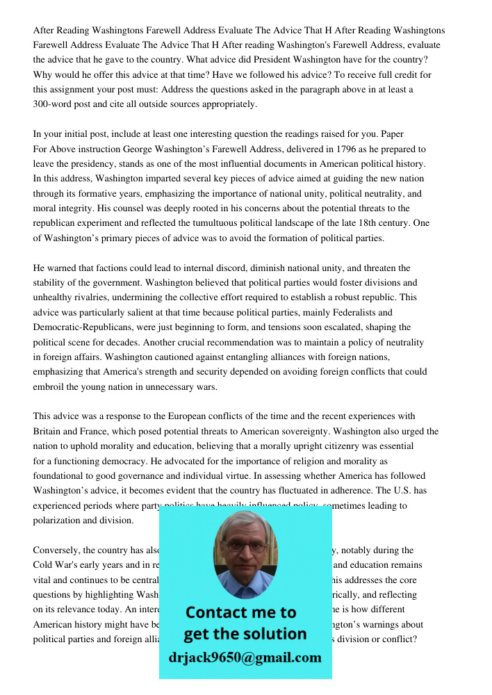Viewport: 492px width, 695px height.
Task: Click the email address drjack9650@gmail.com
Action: coord(245,657)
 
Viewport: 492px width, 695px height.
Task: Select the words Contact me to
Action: coord(240,612)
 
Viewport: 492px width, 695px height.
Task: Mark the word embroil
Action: coord(49,387)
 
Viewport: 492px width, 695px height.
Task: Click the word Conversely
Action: coord(57,550)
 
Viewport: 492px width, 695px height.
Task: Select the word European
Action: coord(191,416)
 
